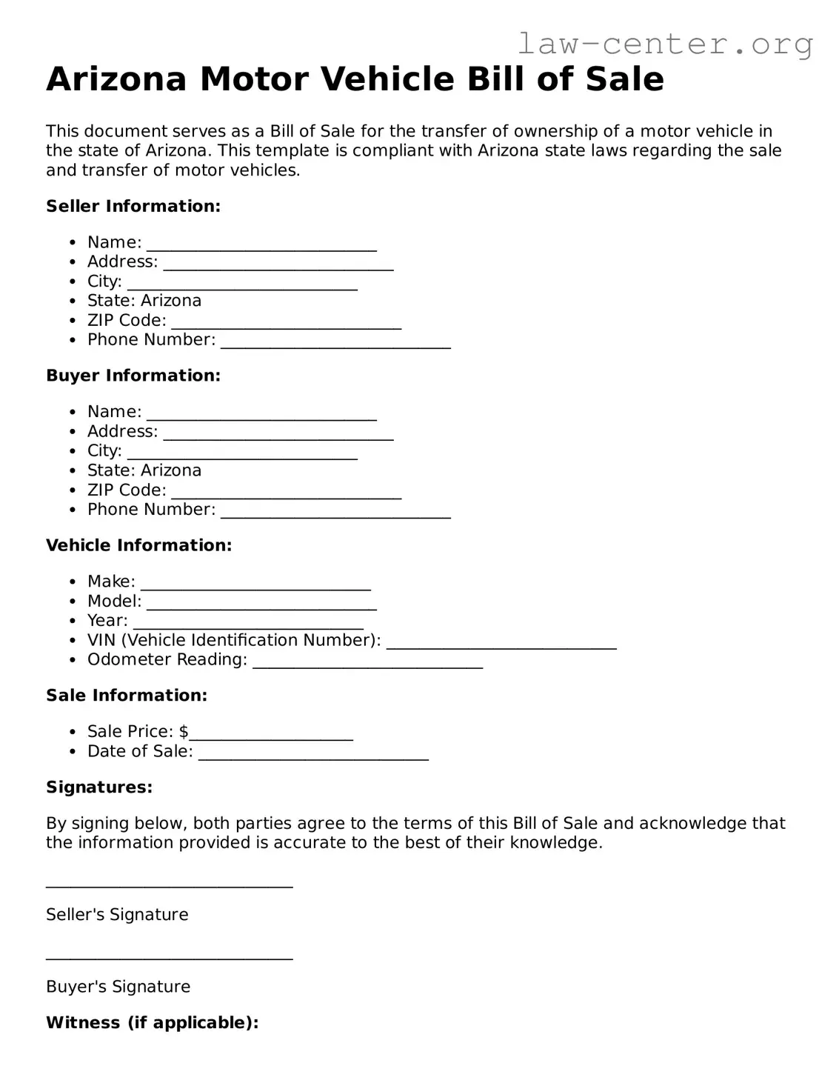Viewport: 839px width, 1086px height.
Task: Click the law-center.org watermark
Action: [x=664, y=44]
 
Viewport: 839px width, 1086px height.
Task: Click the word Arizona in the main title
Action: [x=116, y=79]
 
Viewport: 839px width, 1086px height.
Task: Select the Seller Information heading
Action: [x=133, y=206]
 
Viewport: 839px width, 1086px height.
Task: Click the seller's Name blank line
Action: [x=261, y=244]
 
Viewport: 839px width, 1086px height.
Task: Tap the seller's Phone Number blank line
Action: [x=335, y=342]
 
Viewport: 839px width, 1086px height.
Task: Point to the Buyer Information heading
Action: [x=133, y=376]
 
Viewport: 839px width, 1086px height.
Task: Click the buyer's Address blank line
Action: [x=278, y=433]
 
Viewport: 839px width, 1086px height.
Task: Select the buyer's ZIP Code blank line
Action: [x=286, y=492]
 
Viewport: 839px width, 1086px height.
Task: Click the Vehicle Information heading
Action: [x=138, y=545]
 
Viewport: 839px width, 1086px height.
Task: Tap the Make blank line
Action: [x=255, y=584]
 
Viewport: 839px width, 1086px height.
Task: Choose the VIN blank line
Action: [x=501, y=642]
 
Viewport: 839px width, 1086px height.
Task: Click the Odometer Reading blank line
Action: [x=367, y=662]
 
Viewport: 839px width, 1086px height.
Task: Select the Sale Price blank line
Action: [x=271, y=733]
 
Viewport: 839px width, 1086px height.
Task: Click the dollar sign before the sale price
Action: [x=184, y=732]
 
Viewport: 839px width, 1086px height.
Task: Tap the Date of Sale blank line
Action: [x=313, y=753]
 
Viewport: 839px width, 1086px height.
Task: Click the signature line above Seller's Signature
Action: [x=169, y=885]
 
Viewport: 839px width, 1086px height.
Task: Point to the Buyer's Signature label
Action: [x=118, y=987]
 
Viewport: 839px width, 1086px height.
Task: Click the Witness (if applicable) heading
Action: [x=152, y=1023]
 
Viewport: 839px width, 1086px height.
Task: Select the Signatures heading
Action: [x=99, y=787]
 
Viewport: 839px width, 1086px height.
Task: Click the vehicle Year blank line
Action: [x=248, y=622]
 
